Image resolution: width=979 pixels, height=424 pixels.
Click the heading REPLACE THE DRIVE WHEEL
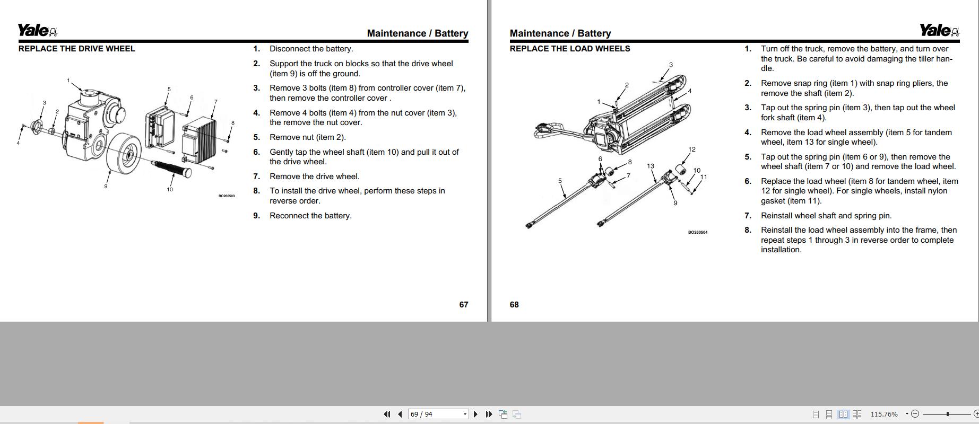pos(76,49)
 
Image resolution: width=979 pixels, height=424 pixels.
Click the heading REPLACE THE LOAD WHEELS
pos(569,49)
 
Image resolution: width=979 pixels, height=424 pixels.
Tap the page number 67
pos(463,305)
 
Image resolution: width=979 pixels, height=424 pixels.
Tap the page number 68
pos(514,305)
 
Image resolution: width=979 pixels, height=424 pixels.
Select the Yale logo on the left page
pos(38,31)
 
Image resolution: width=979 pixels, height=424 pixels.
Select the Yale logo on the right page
pos(939,31)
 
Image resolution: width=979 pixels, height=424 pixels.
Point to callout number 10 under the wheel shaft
pos(170,189)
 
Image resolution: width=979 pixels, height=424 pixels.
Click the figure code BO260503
pos(227,196)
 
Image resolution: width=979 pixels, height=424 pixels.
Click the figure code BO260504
pos(697,232)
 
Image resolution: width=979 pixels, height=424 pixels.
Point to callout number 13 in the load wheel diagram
pos(651,166)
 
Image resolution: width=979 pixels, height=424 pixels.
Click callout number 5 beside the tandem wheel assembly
pos(560,181)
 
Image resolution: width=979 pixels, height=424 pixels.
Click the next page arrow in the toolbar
pos(475,414)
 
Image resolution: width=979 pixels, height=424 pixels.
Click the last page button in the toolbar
pos(489,414)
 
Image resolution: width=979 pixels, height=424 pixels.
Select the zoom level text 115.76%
pos(884,414)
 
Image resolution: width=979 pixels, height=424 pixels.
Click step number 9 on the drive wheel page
pos(256,216)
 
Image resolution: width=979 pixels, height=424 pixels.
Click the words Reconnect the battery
pos(310,216)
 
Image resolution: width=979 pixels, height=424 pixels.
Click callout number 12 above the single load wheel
pos(691,149)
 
